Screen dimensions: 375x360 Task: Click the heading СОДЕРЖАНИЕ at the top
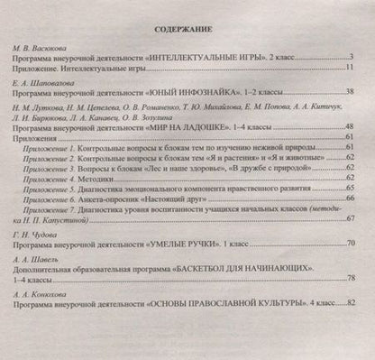click(188, 26)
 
